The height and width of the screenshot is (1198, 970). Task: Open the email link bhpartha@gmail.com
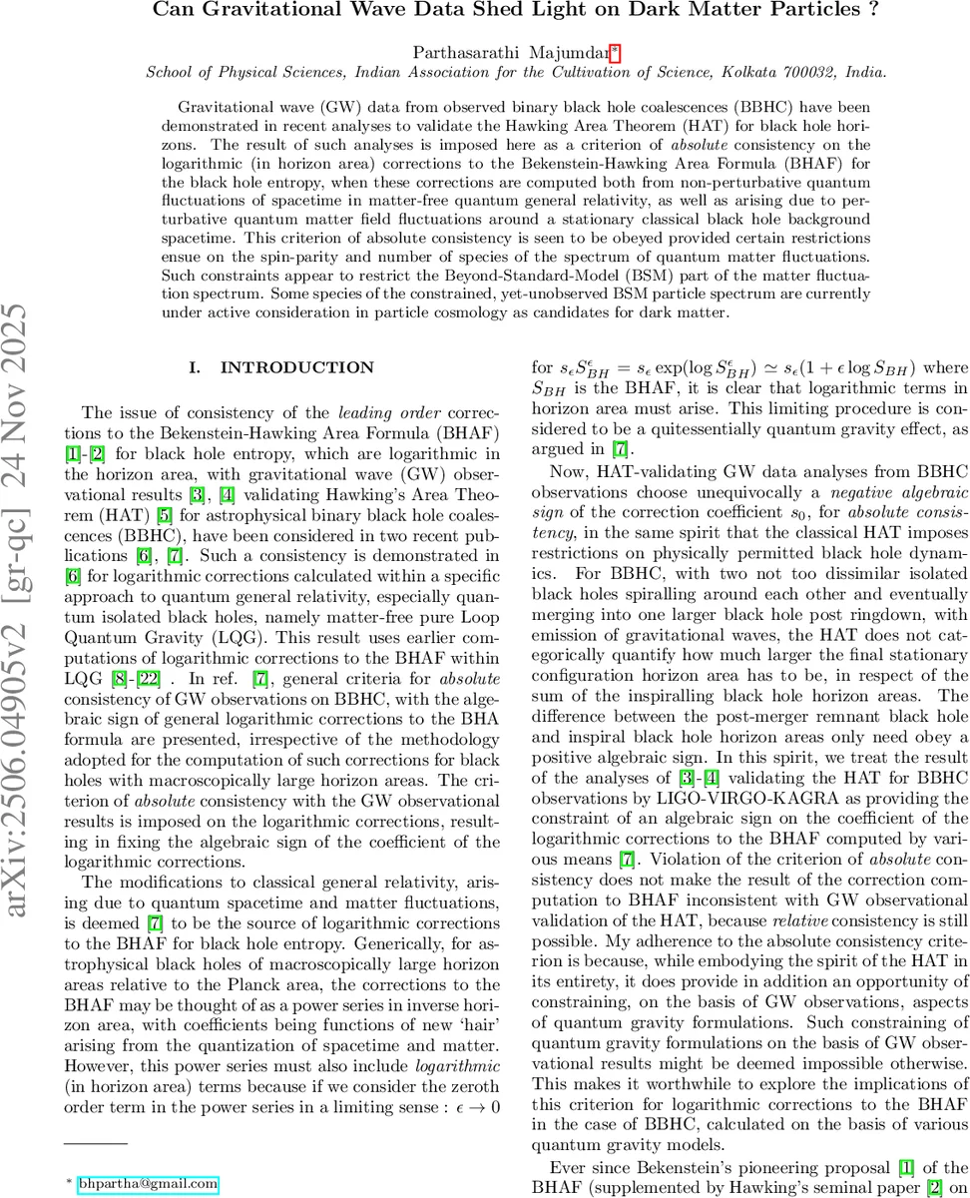pos(148,1156)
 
